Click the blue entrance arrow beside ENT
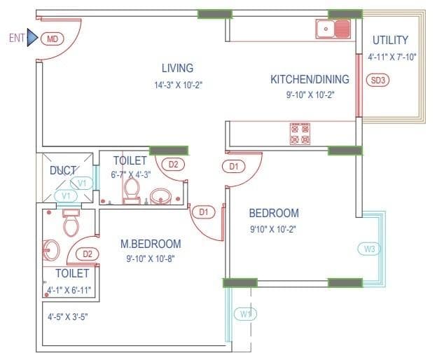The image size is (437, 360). tap(32, 39)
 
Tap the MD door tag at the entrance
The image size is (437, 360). tap(52, 39)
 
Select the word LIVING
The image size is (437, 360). tap(177, 68)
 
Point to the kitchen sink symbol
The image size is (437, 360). tap(333, 29)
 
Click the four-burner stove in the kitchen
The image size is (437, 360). tap(300, 133)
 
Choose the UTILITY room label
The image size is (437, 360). tap(390, 40)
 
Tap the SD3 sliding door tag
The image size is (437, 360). tap(378, 80)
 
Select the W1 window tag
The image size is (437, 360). tap(244, 313)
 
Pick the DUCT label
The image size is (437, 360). tap(63, 170)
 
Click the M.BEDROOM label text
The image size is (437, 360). tap(151, 244)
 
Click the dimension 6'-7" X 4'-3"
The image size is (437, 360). tap(135, 174)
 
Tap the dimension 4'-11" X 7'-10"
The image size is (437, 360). tap(392, 57)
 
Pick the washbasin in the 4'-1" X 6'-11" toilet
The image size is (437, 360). tap(50, 249)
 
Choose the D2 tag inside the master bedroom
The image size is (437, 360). tap(88, 254)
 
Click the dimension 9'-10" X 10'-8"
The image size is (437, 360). tap(151, 258)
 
